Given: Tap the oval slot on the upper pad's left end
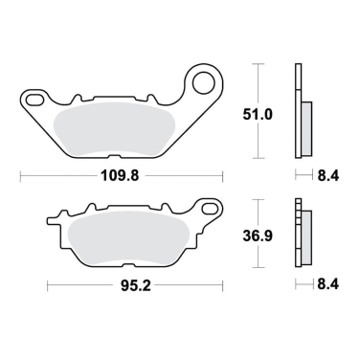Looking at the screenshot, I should (x=35, y=100).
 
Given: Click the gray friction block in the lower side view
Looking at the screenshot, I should (x=304, y=235).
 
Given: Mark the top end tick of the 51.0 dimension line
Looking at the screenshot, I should (x=259, y=64).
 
